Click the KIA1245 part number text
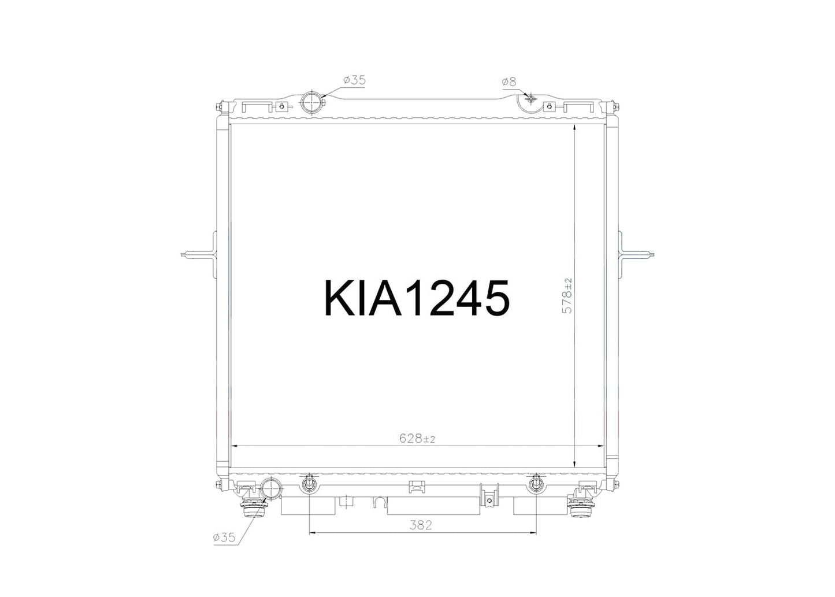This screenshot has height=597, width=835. [417, 298]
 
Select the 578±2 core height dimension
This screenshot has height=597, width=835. [567, 296]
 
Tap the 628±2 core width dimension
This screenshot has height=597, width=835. [417, 439]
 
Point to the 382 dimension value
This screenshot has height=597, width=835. [421, 525]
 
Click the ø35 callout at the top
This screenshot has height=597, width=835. [354, 80]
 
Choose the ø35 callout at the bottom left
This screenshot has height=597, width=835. [224, 537]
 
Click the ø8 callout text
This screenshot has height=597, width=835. [509, 81]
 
